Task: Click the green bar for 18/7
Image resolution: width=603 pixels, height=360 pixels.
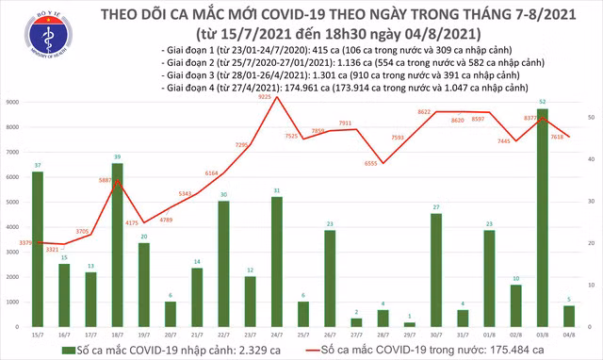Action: coord(117,244)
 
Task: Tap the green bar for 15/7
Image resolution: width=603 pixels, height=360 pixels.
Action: coord(37,249)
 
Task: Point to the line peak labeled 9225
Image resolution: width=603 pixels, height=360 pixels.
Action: coord(276,97)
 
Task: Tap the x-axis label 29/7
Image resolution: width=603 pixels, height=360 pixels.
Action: coord(410,335)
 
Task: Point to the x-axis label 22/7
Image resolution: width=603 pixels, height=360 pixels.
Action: coord(223,335)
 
